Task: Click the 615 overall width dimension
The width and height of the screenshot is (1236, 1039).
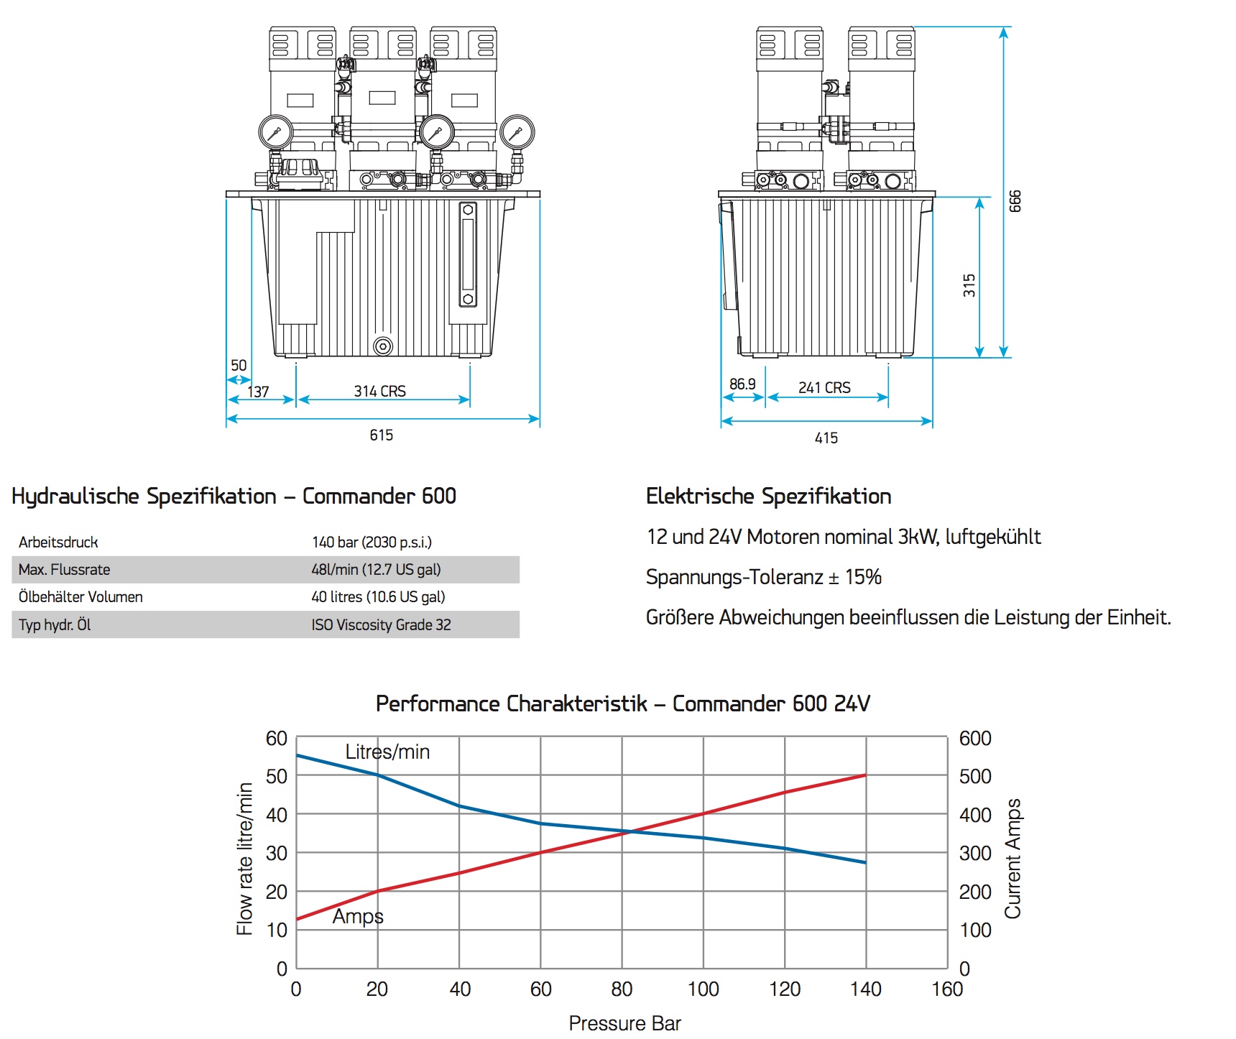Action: (x=381, y=435)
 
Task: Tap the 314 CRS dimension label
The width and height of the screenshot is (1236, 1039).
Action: (x=379, y=391)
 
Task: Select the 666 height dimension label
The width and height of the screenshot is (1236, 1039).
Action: (x=1015, y=201)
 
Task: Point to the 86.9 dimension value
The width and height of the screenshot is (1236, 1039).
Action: (x=742, y=384)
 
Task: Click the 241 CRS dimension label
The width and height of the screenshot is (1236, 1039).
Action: (x=824, y=387)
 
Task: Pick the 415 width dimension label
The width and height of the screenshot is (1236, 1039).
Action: (x=826, y=438)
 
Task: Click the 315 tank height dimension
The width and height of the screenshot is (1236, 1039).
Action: (x=969, y=285)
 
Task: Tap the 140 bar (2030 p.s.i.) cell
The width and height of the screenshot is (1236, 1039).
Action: (x=372, y=542)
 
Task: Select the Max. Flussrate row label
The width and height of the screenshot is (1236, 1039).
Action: (x=65, y=570)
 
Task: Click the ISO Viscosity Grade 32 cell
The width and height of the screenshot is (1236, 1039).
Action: (x=381, y=625)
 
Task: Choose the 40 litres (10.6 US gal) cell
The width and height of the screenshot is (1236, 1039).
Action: (x=378, y=597)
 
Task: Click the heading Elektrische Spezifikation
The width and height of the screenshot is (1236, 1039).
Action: (x=768, y=497)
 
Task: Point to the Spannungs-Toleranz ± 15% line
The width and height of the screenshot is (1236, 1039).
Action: (x=763, y=577)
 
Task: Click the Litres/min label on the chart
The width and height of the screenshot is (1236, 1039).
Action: (x=387, y=752)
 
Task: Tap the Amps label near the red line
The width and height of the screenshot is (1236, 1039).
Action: (x=358, y=917)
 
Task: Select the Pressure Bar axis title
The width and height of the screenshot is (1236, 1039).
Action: (x=624, y=1023)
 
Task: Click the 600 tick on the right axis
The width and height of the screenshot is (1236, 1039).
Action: (x=975, y=739)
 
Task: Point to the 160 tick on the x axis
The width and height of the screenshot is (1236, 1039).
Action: (x=947, y=989)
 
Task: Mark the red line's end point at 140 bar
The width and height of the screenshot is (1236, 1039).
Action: (x=865, y=775)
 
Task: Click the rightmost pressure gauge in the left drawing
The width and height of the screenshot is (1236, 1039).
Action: (x=517, y=132)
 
